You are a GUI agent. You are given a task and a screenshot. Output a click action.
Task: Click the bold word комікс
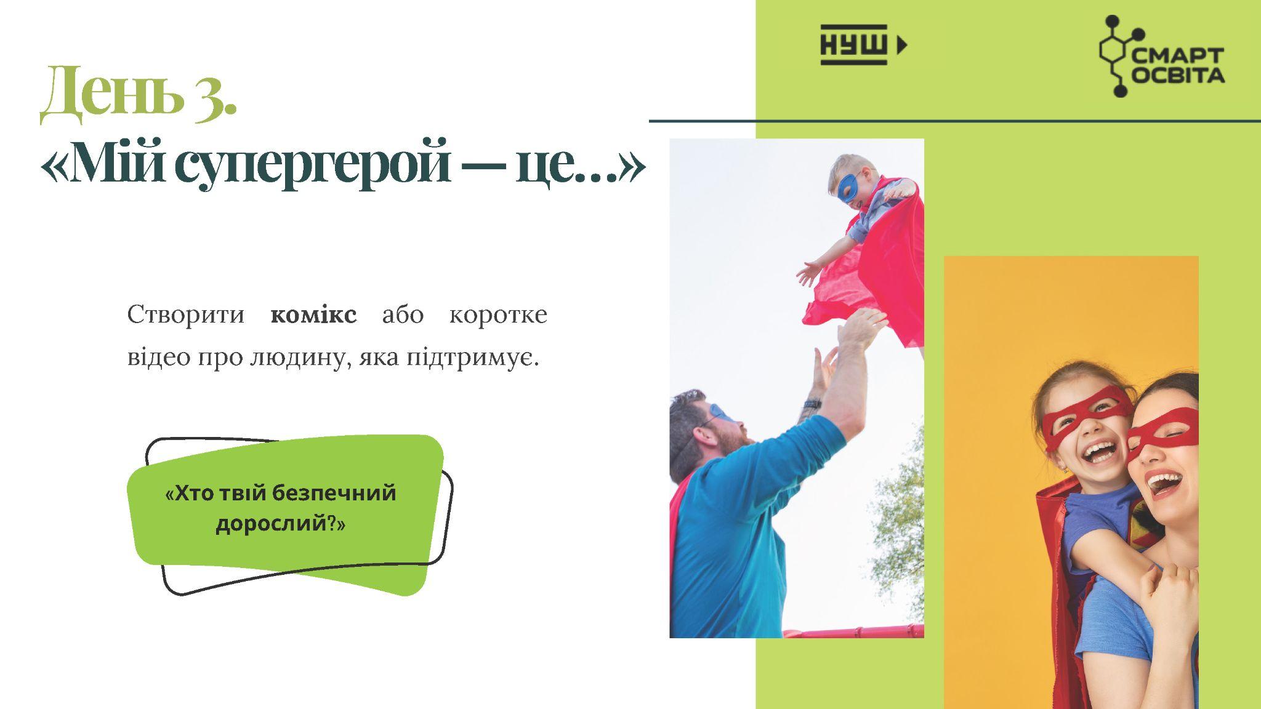tap(313, 314)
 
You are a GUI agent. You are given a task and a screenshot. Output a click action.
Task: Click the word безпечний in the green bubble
tap(333, 494)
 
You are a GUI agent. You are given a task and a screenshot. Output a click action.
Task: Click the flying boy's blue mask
tap(851, 186)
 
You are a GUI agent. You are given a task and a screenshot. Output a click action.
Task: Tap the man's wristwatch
tap(812, 404)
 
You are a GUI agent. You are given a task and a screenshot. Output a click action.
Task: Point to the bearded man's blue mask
tap(722, 414)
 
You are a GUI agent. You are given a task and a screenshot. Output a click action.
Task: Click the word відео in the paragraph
tap(159, 358)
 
